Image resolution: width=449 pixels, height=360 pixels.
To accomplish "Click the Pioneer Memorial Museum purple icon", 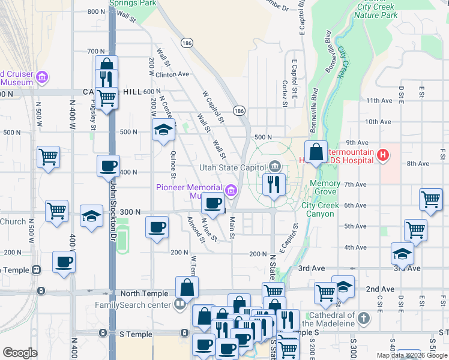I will tap(232, 190).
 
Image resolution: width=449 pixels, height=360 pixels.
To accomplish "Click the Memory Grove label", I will tap(325, 187).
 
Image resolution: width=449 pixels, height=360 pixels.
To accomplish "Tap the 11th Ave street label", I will tap(378, 100).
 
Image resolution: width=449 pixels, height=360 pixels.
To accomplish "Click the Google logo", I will tap(20, 353).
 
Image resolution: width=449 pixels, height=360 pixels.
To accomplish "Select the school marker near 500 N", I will tap(163, 130).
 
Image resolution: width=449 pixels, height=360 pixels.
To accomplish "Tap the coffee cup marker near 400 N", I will tap(108, 166).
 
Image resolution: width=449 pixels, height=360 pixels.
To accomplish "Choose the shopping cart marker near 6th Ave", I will tap(431, 200).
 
